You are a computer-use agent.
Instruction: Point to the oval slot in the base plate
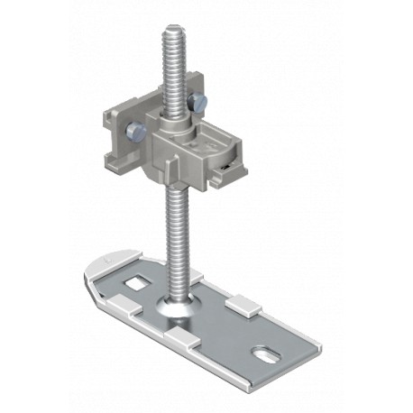coord(274,345)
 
